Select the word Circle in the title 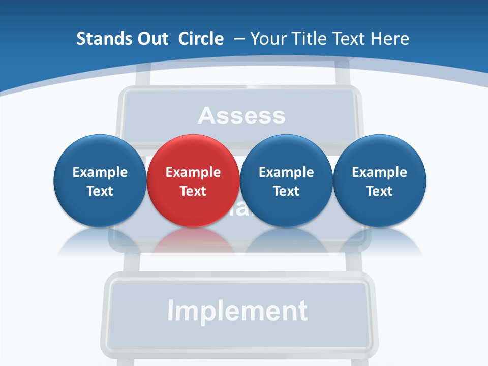tap(201, 39)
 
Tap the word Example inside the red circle tap(193, 172)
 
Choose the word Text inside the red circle tap(193, 191)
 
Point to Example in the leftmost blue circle tap(100, 172)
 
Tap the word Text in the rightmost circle tap(379, 191)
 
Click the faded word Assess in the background tap(241, 116)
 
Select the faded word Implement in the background tap(237, 311)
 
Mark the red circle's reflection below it tap(193, 241)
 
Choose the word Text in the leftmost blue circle tap(100, 191)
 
